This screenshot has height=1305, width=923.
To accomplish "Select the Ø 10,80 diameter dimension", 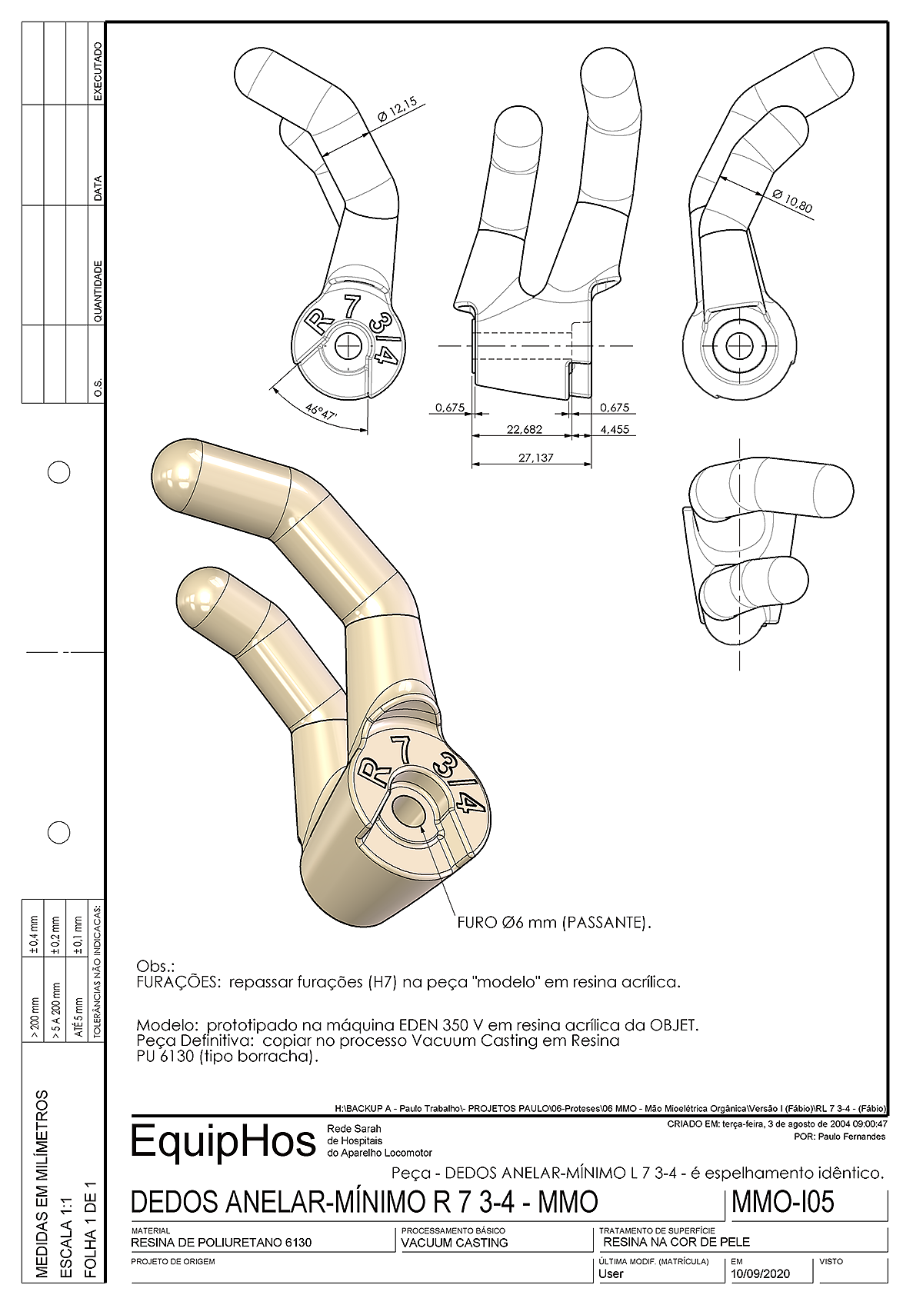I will coord(792,201).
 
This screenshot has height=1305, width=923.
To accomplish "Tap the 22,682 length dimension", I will coord(524,429).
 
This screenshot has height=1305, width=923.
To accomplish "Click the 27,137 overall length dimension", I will coord(535,458).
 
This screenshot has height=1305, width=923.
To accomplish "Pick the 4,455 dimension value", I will coord(615,429).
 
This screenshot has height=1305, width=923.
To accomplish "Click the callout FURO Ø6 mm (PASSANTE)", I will coord(554,922).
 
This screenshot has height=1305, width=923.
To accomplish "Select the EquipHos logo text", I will coord(223,1140).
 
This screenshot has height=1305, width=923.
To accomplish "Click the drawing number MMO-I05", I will coord(783,1202).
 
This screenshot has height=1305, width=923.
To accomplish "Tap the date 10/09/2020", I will coord(760,1273).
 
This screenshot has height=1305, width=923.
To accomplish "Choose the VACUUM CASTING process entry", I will coord(455,1243).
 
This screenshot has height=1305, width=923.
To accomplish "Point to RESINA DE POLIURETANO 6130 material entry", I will coord(222,1243).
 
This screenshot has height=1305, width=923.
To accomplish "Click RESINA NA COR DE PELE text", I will coord(676,1242).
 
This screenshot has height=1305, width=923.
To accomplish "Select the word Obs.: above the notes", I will coord(155,966).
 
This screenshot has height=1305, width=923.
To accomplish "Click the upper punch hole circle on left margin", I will coord(59,472).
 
